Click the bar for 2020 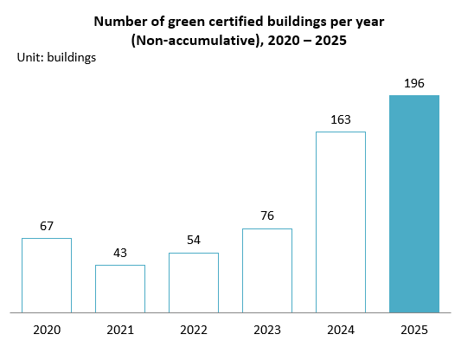(x=47, y=274)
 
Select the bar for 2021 (x=120, y=288)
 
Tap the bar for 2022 (x=194, y=282)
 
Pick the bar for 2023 (x=267, y=270)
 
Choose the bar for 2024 (x=341, y=222)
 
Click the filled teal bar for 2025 (x=414, y=203)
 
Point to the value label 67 (x=47, y=227)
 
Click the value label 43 (x=120, y=254)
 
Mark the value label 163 (x=341, y=120)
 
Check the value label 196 (x=414, y=84)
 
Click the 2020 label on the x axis (x=47, y=330)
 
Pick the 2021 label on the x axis (x=120, y=330)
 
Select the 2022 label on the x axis (x=194, y=330)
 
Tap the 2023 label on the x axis (x=267, y=330)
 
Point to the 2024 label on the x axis (x=341, y=330)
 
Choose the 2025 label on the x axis (x=414, y=330)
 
